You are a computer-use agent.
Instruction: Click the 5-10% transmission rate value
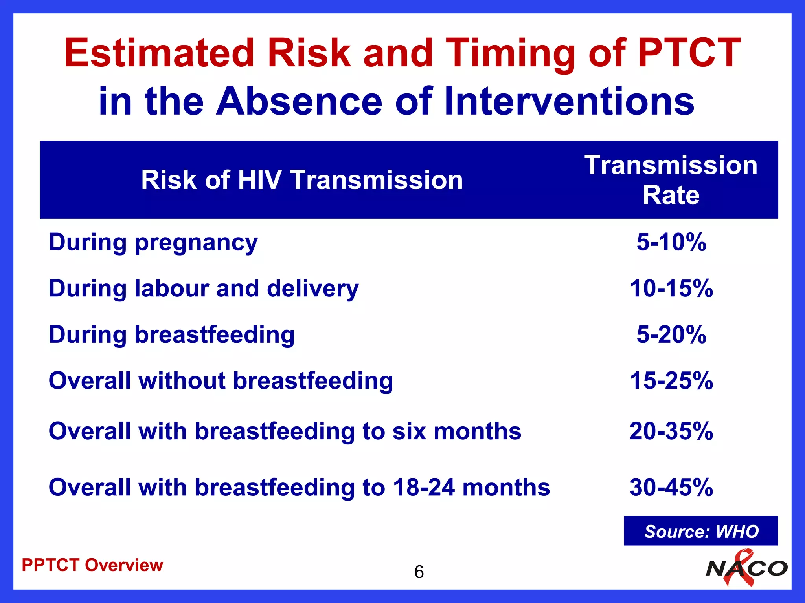671,242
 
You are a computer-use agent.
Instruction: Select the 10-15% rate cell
671,289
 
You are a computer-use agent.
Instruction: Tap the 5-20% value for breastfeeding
671,335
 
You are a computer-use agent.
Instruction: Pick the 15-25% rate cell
671,381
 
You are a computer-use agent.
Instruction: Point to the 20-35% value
671,431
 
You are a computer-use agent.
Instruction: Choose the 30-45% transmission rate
671,488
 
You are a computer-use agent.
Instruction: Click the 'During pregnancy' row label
153,243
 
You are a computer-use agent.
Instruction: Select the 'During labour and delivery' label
204,289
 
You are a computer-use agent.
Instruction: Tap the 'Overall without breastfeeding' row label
221,381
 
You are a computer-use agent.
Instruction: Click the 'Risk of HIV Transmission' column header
302,180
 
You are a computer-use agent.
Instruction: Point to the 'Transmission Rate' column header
671,180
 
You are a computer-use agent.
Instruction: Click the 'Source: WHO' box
701,531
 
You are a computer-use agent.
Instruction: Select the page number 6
419,572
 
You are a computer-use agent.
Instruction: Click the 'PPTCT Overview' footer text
92,565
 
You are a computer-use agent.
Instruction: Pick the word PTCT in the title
689,53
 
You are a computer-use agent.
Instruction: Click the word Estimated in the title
159,53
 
